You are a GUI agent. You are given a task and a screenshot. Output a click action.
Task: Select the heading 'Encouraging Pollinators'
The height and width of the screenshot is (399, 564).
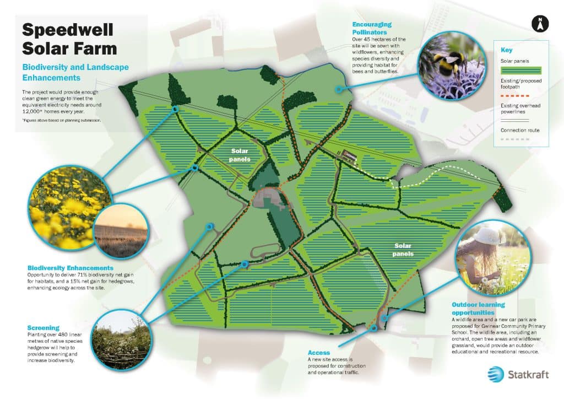(372, 29)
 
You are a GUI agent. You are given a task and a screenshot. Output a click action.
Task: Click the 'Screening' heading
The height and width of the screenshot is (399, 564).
(43, 327)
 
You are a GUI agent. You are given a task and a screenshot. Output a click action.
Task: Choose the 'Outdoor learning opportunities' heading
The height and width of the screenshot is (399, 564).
(478, 309)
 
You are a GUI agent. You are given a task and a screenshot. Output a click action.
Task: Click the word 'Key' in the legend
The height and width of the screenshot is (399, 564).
(507, 50)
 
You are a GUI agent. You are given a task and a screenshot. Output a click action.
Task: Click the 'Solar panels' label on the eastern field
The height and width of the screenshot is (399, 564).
(404, 250)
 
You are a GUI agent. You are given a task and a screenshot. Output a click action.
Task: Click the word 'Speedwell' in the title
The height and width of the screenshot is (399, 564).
(68, 30)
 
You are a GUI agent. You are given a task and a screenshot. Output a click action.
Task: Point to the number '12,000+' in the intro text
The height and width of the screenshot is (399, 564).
(36, 110)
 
